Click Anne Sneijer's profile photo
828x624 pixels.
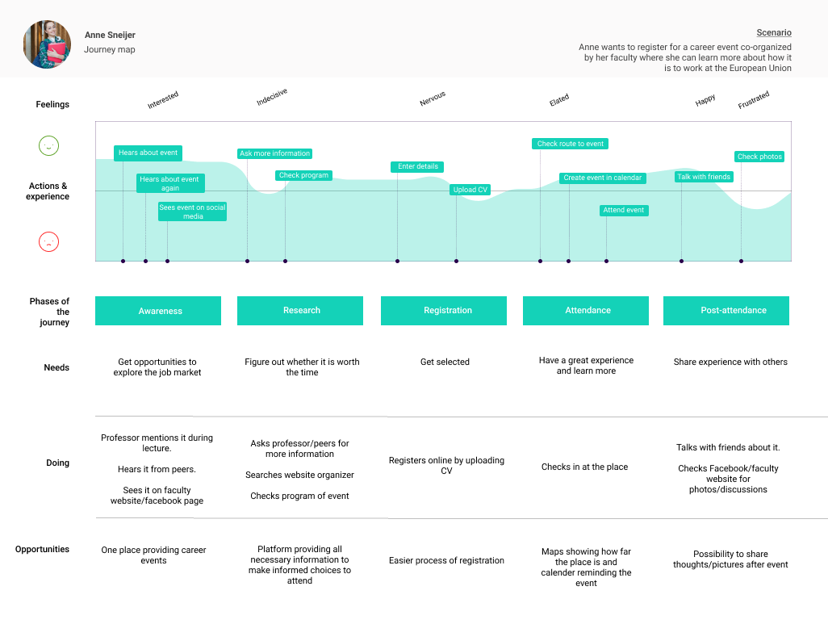pyautogui.click(x=47, y=44)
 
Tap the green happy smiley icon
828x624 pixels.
pyautogui.click(x=48, y=146)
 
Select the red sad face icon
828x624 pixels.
pyautogui.click(x=48, y=241)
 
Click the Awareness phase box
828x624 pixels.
pyautogui.click(x=158, y=311)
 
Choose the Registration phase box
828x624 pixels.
pyautogui.click(x=444, y=311)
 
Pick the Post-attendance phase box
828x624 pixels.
pyautogui.click(x=726, y=311)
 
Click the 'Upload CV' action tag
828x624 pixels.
pyautogui.click(x=470, y=191)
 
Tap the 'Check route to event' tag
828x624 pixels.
pyautogui.click(x=571, y=144)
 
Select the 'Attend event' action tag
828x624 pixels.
pyautogui.click(x=624, y=211)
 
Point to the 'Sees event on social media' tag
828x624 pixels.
pyautogui.click(x=192, y=212)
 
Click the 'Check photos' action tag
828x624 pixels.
pyautogui.click(x=759, y=157)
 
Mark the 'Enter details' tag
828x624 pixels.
pyautogui.click(x=418, y=167)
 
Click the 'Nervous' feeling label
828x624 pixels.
pyautogui.click(x=433, y=99)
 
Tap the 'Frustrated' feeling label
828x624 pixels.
pyautogui.click(x=754, y=100)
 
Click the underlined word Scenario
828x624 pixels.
pyautogui.click(x=774, y=33)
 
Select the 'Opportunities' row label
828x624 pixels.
pyautogui.click(x=42, y=550)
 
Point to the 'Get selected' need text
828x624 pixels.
pyautogui.click(x=445, y=362)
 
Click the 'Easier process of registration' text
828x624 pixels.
pyautogui.click(x=446, y=560)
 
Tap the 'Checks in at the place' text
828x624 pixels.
pyautogui.click(x=584, y=467)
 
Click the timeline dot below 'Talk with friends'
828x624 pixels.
pyautogui.click(x=681, y=261)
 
